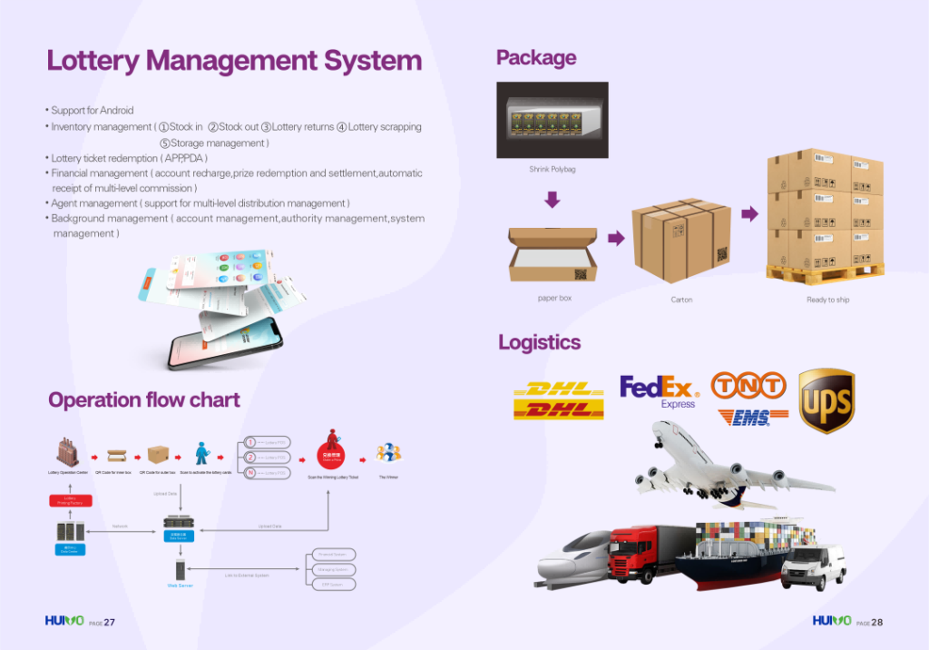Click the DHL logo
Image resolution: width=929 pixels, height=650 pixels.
(558, 399)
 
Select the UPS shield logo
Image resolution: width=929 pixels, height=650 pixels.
(826, 400)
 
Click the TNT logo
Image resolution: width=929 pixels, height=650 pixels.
(748, 386)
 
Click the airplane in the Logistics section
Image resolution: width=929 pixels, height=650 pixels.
(726, 468)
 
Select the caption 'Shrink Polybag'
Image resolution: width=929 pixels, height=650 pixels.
(552, 169)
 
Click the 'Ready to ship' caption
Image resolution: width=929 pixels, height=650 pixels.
(827, 300)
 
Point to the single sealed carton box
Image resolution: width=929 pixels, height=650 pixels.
(680, 240)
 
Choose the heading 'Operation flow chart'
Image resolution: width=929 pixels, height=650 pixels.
(144, 400)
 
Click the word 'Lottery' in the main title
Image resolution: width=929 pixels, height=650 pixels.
(93, 61)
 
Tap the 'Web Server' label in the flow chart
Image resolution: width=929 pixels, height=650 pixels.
(180, 586)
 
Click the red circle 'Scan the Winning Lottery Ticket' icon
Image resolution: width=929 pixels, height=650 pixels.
(333, 451)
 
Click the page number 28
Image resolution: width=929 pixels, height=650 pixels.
(876, 623)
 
